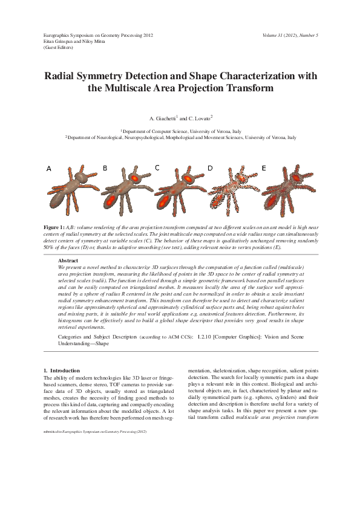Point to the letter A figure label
click(48, 169)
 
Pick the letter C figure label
click(157, 167)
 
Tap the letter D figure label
click(210, 169)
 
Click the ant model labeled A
click(70, 192)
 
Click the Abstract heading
click(68, 260)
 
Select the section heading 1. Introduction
click(62, 370)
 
